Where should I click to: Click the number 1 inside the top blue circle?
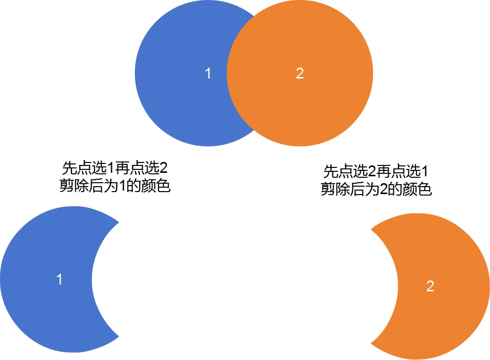click(208, 74)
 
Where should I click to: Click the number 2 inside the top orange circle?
click(300, 74)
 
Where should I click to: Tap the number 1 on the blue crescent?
click(60, 279)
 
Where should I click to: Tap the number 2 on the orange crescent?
click(430, 286)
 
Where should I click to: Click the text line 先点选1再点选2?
click(115, 168)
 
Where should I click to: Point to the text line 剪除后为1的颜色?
click(115, 187)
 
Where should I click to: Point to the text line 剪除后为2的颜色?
click(376, 190)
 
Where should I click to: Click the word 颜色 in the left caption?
click(159, 187)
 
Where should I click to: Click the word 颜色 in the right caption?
click(420, 190)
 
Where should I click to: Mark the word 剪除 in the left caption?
click(72, 187)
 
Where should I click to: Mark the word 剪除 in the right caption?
click(332, 190)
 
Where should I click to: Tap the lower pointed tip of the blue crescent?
click(119, 337)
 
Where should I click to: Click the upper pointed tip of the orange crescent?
click(371, 229)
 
